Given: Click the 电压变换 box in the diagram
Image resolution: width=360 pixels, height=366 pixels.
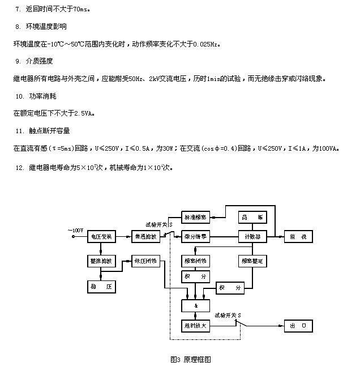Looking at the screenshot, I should [102, 237].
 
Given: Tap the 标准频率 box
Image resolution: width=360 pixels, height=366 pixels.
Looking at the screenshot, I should [195, 216].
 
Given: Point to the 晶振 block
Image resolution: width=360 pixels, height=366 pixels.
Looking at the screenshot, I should [249, 217].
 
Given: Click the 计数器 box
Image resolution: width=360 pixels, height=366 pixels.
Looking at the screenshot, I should [249, 237].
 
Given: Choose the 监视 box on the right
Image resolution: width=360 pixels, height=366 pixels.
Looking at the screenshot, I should [298, 237].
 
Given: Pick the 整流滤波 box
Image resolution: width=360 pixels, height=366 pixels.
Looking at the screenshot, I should [102, 261].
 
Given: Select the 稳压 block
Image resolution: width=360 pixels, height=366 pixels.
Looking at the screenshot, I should [102, 287].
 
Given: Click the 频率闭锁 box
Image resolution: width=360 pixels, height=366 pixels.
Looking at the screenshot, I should [195, 261].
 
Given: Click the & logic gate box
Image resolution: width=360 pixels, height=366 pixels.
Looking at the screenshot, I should [195, 306].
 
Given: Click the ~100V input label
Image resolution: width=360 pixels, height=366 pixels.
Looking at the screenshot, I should [76, 230].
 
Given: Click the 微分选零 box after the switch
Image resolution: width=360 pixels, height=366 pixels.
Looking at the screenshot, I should [195, 237].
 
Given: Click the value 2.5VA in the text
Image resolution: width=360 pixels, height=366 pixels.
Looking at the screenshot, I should [83, 113].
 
